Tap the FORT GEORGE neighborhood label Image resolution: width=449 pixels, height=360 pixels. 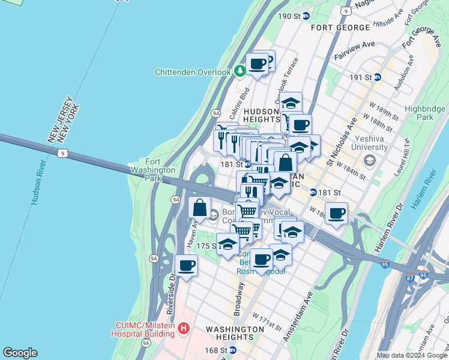click(340, 28)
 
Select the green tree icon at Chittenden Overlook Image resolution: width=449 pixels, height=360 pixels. click(240, 72)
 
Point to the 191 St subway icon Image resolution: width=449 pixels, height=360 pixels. click(377, 77)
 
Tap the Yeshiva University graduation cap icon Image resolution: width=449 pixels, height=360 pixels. click(369, 160)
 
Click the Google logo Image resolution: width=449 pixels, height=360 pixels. click(20, 353)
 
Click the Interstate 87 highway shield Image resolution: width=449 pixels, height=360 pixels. click(409, 278)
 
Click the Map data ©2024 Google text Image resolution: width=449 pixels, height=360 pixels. click(411, 355)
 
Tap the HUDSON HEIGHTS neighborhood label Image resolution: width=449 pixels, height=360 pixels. click(262, 115)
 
